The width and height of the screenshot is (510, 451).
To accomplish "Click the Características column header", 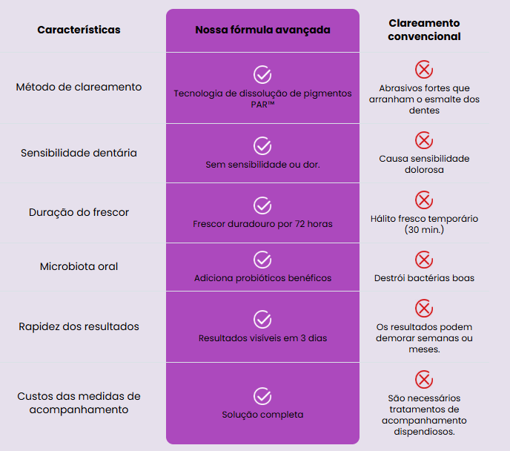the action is (79, 30).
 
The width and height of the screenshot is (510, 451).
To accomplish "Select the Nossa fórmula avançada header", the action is (262, 30).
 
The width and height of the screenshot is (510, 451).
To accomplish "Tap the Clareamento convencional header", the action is (424, 30).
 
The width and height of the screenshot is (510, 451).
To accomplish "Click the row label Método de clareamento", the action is (79, 87).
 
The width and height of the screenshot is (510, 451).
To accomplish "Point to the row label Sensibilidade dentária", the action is (79, 153).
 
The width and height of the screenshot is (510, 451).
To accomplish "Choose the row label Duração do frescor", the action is (79, 212).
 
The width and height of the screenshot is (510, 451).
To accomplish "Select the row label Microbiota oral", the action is (79, 266).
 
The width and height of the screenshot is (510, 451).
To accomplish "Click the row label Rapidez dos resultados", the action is (79, 326).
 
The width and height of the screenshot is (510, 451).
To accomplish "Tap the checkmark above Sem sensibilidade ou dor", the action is (262, 146).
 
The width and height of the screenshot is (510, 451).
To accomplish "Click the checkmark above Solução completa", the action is (262, 396).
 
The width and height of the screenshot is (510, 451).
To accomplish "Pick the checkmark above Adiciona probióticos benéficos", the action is (262, 260).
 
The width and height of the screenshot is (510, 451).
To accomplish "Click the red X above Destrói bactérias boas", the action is (424, 260).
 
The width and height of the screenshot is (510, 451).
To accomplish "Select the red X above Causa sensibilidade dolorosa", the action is (424, 140).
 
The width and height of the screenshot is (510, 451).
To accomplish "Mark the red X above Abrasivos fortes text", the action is (424, 69).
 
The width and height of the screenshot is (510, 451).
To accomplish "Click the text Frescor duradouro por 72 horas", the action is (262, 224).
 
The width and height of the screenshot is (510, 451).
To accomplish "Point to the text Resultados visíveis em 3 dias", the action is (262, 338).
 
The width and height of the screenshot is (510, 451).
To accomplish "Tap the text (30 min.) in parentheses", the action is (424, 230).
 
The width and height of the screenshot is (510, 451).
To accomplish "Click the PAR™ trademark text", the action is (262, 105).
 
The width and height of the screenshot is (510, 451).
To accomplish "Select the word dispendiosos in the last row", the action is (424, 432).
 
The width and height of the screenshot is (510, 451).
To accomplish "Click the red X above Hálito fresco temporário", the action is (424, 200).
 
